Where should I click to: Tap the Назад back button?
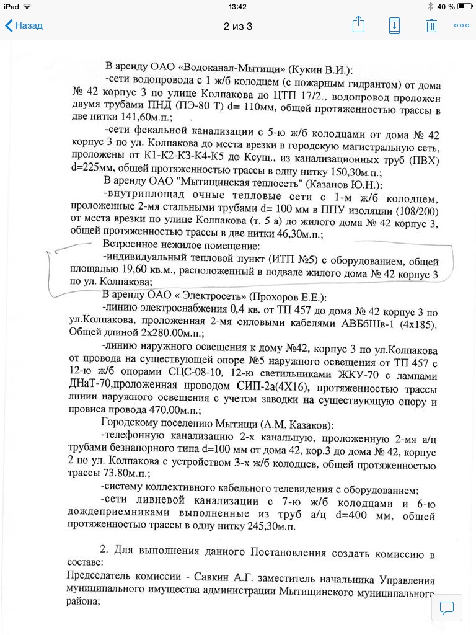24,25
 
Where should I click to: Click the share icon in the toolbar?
358,25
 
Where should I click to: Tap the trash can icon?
431,25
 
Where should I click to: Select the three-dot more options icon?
462,25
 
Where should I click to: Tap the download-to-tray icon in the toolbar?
394,25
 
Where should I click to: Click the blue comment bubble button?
447,607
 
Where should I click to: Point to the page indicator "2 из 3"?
238,26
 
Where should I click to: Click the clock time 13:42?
238,6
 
